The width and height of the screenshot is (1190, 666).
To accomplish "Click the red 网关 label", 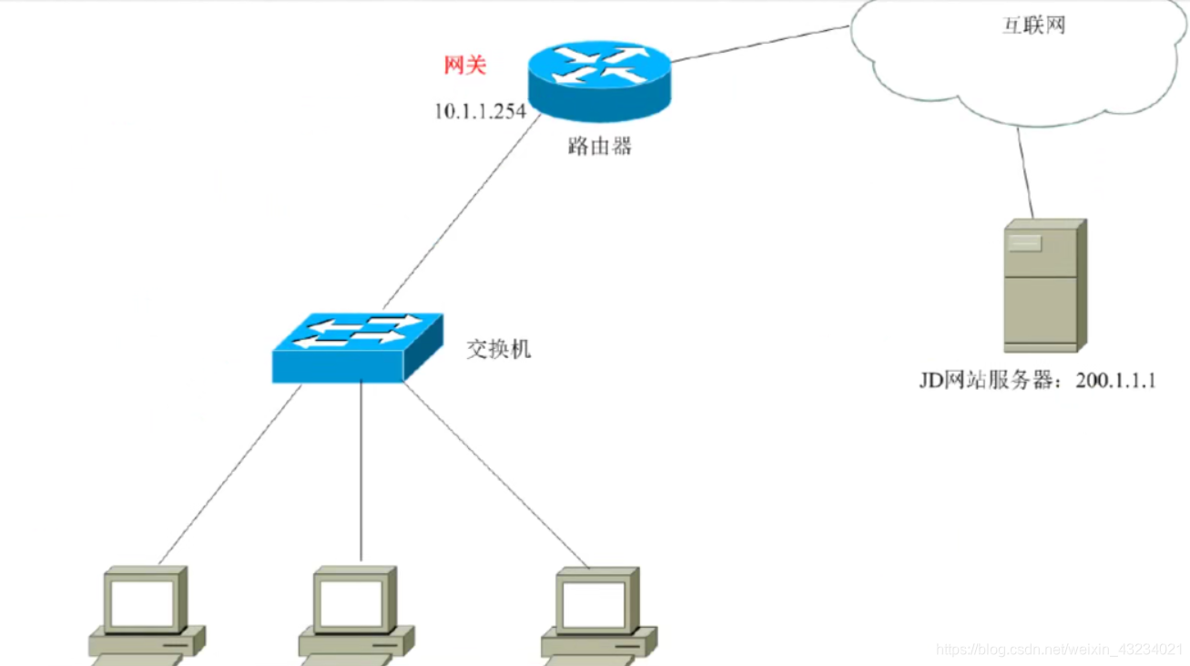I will (x=464, y=66).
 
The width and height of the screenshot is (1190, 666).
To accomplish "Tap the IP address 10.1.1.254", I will (x=480, y=111).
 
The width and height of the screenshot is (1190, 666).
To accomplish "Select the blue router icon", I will (x=598, y=80).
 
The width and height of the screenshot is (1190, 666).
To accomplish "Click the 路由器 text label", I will (x=598, y=146).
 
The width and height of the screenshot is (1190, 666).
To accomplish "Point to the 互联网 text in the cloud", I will (x=1033, y=26).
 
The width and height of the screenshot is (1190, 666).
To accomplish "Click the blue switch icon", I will (x=357, y=347).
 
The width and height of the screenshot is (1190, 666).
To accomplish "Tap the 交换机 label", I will (x=498, y=349).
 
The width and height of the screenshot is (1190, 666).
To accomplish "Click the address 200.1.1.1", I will (x=1115, y=381).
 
